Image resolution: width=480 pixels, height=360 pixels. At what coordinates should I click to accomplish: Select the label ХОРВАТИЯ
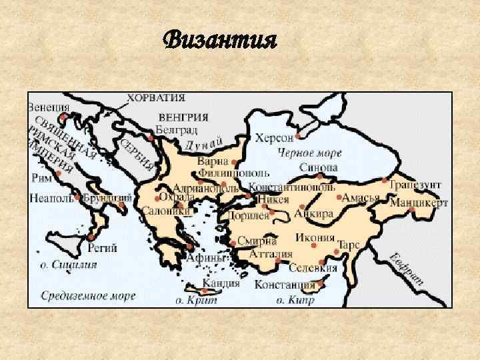(156, 97)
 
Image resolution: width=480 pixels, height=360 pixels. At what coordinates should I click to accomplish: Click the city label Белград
(176, 128)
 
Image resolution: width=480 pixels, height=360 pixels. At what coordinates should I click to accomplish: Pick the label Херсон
(274, 138)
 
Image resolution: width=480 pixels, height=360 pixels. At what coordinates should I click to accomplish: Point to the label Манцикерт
(419, 202)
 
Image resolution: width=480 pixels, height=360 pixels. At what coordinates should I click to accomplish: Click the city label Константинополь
(291, 187)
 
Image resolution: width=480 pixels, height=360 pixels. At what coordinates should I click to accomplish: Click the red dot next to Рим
(59, 173)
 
